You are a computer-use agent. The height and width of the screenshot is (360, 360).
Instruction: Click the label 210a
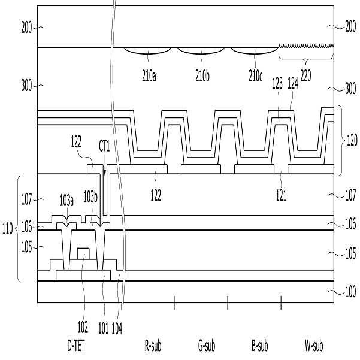[x=150, y=78]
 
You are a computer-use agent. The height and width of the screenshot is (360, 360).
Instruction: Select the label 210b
[x=204, y=78]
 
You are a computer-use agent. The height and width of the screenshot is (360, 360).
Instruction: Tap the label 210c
[x=258, y=78]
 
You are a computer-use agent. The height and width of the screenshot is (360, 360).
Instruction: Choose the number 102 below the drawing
[x=83, y=328]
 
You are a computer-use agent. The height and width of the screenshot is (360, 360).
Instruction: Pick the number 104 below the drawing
[x=117, y=328]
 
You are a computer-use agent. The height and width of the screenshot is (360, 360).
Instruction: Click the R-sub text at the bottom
[x=153, y=346]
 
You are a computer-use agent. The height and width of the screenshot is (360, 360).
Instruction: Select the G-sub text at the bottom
[x=207, y=346]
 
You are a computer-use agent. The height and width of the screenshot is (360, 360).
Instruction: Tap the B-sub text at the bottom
[x=260, y=346]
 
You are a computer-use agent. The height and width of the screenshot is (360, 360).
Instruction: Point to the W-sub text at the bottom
[x=313, y=346]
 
